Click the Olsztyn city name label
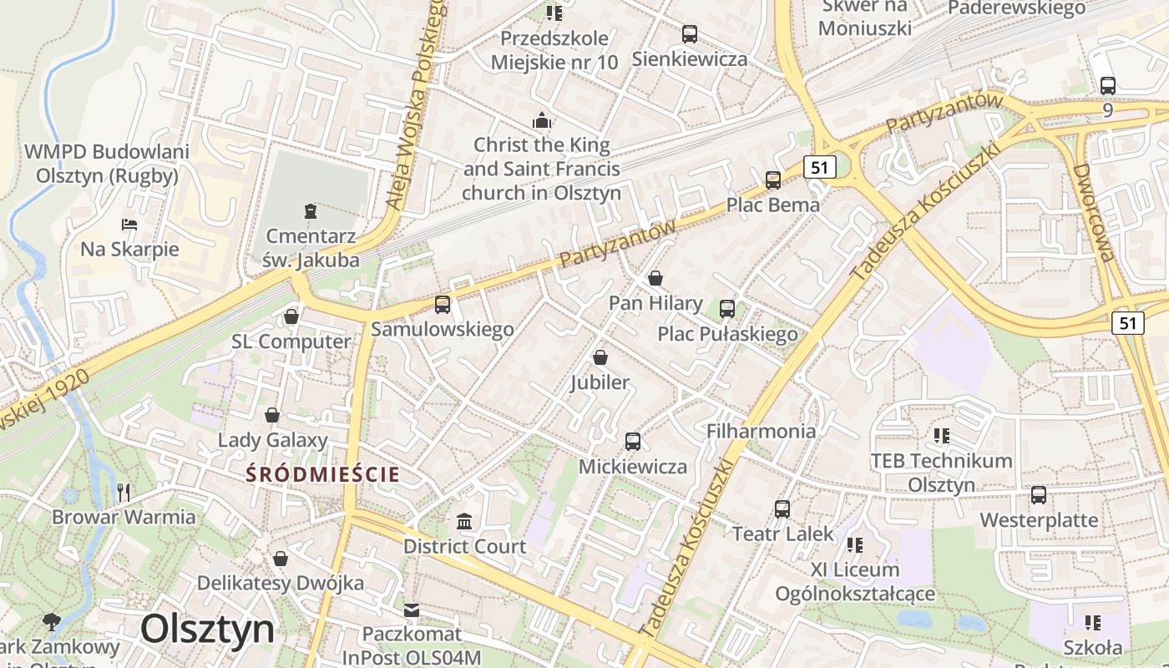(x=207, y=628)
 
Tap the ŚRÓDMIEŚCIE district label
(x=323, y=474)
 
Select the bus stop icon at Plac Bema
(x=773, y=180)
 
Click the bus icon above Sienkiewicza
(x=689, y=34)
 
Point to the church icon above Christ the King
(x=542, y=121)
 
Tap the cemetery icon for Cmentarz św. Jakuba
(x=311, y=210)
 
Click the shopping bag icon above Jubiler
(x=600, y=358)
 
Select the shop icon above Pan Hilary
(x=655, y=278)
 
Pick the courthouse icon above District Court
(x=464, y=522)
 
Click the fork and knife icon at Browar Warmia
(x=124, y=492)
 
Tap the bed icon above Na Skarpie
(x=129, y=224)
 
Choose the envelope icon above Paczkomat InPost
(x=412, y=610)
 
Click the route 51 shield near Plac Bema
(x=819, y=167)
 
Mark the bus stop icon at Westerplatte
(x=1039, y=495)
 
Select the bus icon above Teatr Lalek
(x=782, y=509)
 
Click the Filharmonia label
(x=761, y=431)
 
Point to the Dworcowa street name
(x=1095, y=212)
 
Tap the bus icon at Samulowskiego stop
(x=443, y=305)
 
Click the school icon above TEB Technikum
(x=942, y=435)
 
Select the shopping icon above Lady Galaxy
(x=272, y=415)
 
